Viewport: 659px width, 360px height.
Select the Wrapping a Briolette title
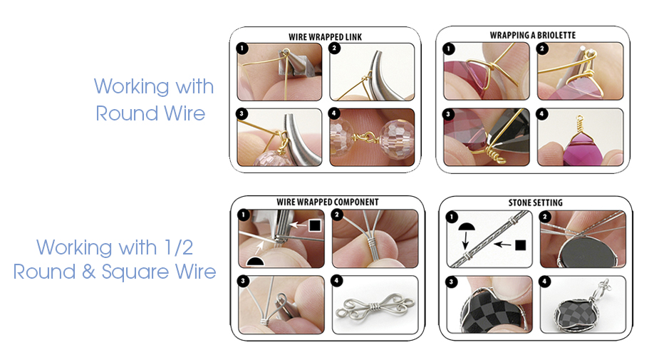(532, 35)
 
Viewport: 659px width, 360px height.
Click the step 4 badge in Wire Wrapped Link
(336, 115)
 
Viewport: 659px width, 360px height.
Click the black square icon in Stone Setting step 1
(520, 245)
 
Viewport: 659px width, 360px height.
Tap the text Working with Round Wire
(153, 100)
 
